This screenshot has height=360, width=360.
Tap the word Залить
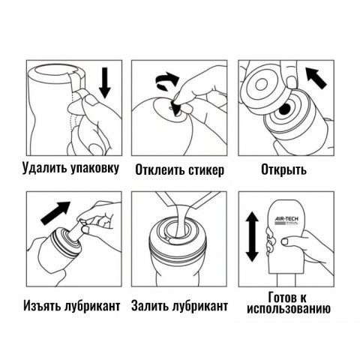(152, 307)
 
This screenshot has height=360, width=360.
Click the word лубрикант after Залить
(200, 307)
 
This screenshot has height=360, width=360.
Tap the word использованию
(289, 309)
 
